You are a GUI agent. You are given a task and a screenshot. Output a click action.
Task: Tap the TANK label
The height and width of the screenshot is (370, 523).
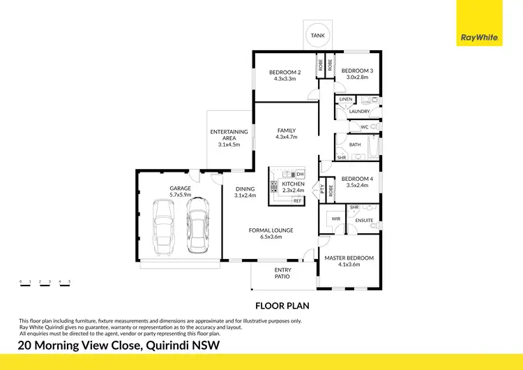(317, 35)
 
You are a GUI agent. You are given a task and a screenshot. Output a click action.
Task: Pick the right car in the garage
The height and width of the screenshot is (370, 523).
(197, 225)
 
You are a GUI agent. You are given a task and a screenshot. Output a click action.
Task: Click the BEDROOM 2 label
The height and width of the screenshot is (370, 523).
(285, 72)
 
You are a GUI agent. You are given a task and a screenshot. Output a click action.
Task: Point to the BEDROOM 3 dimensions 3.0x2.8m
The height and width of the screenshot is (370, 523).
(356, 78)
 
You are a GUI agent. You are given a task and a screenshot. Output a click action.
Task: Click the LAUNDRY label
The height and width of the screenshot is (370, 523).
(359, 112)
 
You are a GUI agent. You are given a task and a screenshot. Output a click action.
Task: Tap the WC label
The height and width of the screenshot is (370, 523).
(364, 127)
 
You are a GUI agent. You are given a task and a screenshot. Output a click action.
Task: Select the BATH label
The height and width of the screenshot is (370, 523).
(354, 145)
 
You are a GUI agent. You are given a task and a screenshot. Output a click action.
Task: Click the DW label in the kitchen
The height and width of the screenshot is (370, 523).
(300, 174)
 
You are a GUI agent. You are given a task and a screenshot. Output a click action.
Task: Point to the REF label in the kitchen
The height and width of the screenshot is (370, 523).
(298, 201)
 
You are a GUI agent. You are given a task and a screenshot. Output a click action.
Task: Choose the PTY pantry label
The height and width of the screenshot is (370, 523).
(322, 188)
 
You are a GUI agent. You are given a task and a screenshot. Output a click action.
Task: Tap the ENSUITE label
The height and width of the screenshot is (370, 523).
(364, 221)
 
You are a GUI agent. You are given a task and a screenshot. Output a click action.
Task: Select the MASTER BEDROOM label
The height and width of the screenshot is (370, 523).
(349, 258)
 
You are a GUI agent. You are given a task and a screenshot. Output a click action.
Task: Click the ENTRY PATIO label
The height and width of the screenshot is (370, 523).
(282, 273)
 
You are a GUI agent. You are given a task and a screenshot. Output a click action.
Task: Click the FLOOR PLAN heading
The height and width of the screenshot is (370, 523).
(282, 306)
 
